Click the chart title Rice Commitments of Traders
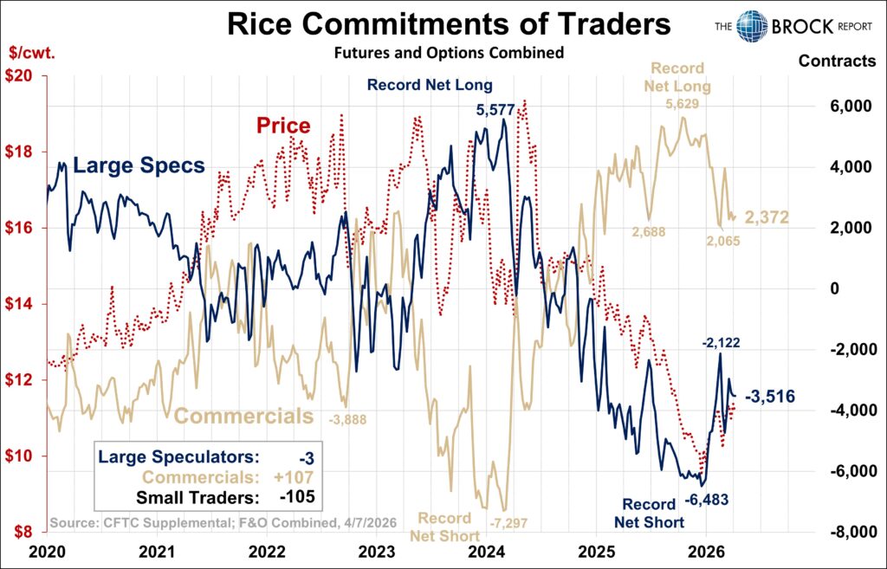click(x=449, y=24)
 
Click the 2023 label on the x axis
click(x=378, y=552)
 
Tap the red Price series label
click(x=283, y=126)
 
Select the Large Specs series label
click(x=139, y=165)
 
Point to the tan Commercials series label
click(x=243, y=416)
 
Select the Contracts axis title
click(x=837, y=61)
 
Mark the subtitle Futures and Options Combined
click(x=449, y=53)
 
